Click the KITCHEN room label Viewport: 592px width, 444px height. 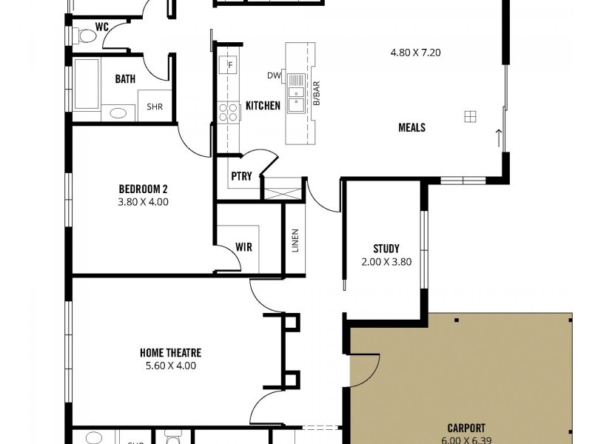[263, 106]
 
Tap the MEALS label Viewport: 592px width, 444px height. [411, 127]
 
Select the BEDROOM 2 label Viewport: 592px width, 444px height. [144, 187]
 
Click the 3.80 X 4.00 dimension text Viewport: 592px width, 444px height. [144, 201]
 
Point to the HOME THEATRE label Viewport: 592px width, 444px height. [170, 353]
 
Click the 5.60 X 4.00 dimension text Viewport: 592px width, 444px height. [170, 366]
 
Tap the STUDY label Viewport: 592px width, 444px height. [386, 249]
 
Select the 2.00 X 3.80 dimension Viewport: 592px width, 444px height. [386, 262]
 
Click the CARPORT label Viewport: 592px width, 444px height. [466, 428]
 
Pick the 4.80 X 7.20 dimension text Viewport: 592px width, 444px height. [415, 53]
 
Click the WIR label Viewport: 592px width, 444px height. [243, 247]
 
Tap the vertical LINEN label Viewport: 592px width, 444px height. [295, 241]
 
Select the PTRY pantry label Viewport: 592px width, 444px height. [241, 176]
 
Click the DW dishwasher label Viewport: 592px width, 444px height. [274, 75]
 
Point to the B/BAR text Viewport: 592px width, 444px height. [316, 95]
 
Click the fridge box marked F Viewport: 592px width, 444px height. [230, 65]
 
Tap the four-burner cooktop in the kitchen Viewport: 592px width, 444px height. [228, 112]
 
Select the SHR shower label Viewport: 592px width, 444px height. [154, 107]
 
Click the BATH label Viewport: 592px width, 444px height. [125, 79]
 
